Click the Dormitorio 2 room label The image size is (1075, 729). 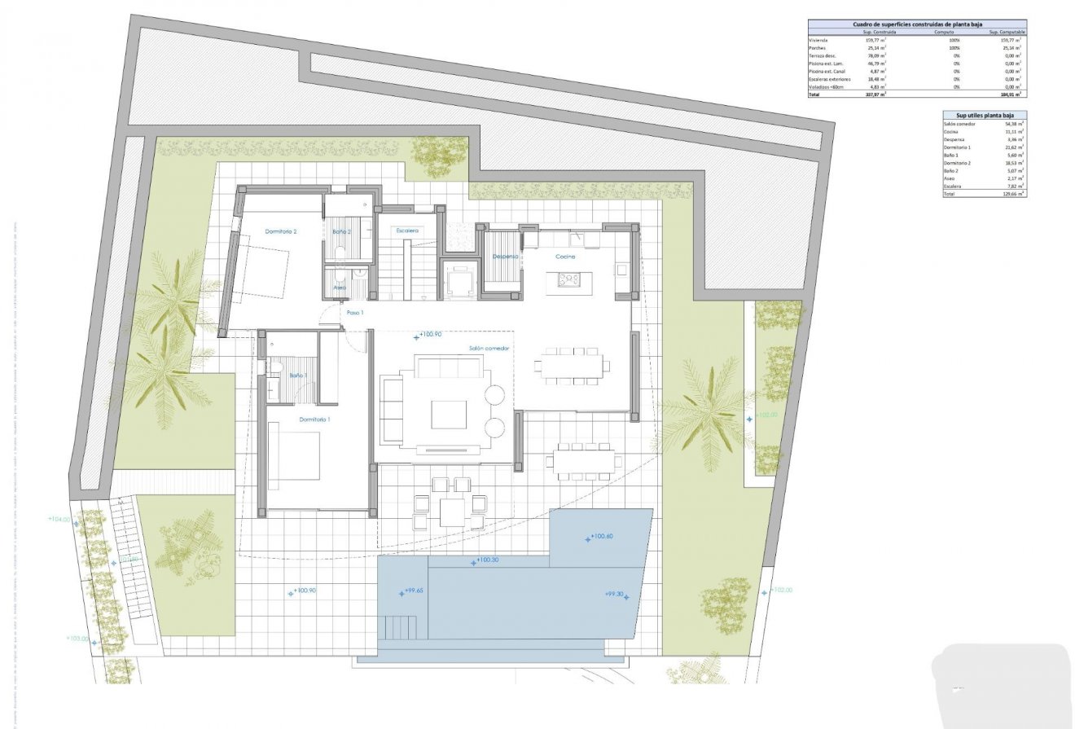[281, 232]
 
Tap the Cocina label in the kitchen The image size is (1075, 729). [565, 257]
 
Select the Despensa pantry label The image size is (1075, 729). [506, 257]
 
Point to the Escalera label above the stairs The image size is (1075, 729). [407, 231]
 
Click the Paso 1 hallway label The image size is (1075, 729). [355, 313]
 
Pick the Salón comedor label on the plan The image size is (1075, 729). [489, 349]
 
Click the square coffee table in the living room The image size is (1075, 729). [449, 414]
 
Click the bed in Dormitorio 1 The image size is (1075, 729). [294, 456]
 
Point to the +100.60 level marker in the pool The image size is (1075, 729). [600, 538]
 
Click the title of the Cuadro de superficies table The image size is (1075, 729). [916, 24]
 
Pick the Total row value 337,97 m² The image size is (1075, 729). [875, 94]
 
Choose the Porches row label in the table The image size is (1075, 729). [819, 48]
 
